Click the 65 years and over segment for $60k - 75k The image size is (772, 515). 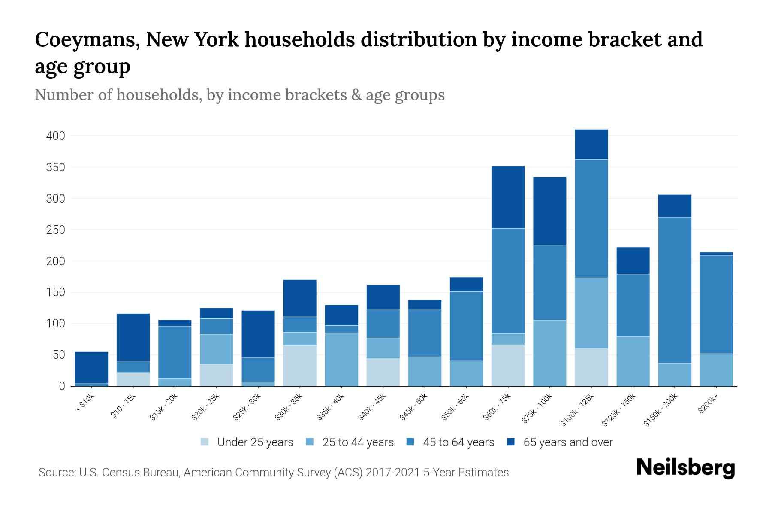(508, 197)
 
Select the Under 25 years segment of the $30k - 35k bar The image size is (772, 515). (300, 366)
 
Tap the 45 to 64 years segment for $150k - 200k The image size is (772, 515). (675, 290)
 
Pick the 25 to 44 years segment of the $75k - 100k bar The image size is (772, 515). (549, 353)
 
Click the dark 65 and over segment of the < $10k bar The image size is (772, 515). (91, 367)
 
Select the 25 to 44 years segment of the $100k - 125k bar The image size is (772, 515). (591, 313)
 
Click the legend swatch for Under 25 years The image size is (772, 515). (205, 442)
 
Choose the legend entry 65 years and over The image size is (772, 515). (567, 442)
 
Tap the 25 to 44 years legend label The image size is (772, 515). (358, 442)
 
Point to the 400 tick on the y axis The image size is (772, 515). (55, 136)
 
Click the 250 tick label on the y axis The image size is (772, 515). (55, 230)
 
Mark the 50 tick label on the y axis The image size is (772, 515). (58, 355)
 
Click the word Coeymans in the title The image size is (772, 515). (86, 40)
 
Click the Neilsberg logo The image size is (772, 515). (685, 468)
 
